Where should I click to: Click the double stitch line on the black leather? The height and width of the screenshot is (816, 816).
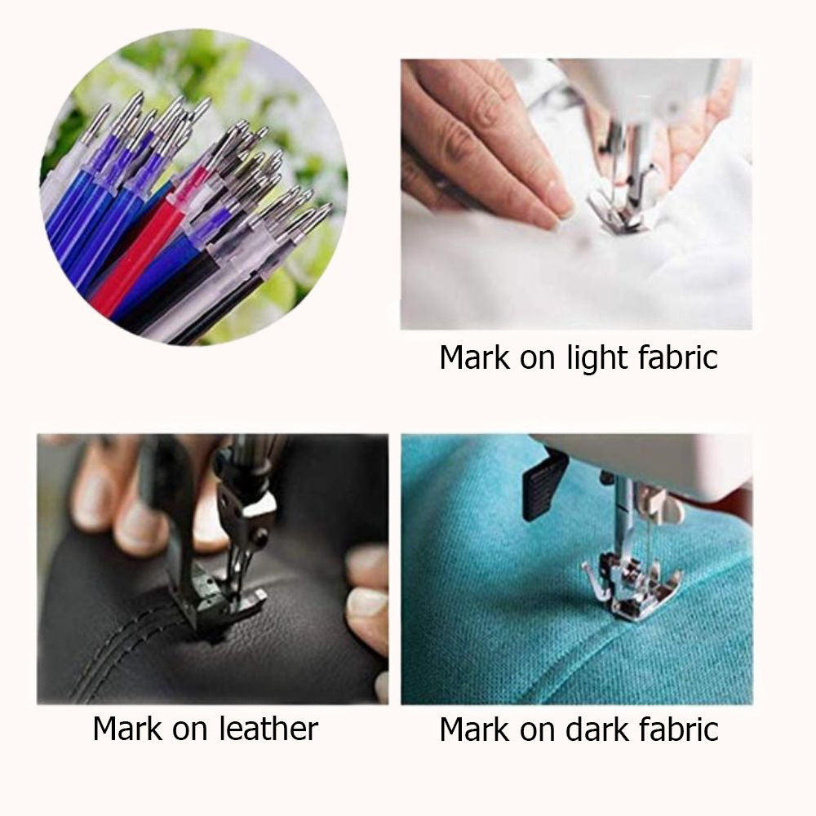click(x=114, y=653)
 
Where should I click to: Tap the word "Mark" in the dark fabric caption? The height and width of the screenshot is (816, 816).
click(x=473, y=729)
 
